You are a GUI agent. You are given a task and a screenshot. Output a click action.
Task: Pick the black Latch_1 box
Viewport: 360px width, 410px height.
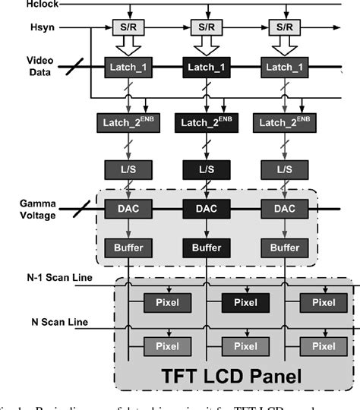coord(207,67)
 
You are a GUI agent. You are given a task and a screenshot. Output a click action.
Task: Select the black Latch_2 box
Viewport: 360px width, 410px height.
coord(207,122)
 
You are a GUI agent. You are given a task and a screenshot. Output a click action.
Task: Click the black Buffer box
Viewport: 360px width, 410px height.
coord(207,247)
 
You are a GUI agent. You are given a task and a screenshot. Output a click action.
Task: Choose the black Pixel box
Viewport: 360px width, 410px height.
coord(207,303)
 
